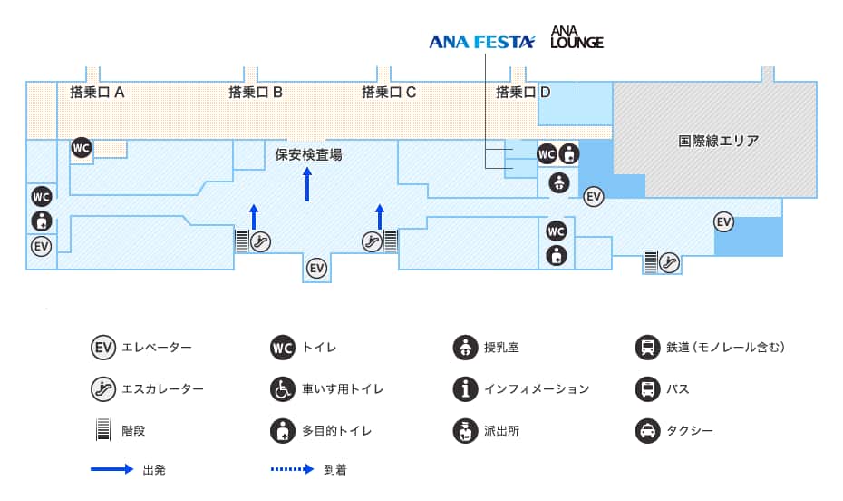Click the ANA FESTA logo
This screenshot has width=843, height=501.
click(482, 41)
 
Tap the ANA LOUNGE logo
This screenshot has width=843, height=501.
click(577, 36)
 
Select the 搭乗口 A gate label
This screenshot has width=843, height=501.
click(97, 92)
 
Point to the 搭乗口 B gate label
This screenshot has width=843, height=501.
click(256, 92)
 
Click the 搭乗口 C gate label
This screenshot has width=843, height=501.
click(389, 92)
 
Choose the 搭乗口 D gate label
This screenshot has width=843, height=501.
click(523, 92)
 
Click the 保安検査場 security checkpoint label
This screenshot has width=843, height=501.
click(308, 154)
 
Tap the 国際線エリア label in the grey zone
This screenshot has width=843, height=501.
click(718, 141)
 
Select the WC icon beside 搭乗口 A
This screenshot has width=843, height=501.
click(82, 148)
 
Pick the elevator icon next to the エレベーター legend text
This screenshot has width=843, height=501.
click(102, 347)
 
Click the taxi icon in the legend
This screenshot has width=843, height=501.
click(647, 430)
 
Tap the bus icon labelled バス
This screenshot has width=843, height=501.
click(647, 388)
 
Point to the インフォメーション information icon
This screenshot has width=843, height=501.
click(465, 388)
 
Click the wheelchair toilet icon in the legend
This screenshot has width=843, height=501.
click(283, 388)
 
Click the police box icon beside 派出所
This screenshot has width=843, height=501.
click(465, 430)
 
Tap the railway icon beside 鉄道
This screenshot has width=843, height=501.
click(647, 347)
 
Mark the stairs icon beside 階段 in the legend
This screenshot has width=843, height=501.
click(102, 430)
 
